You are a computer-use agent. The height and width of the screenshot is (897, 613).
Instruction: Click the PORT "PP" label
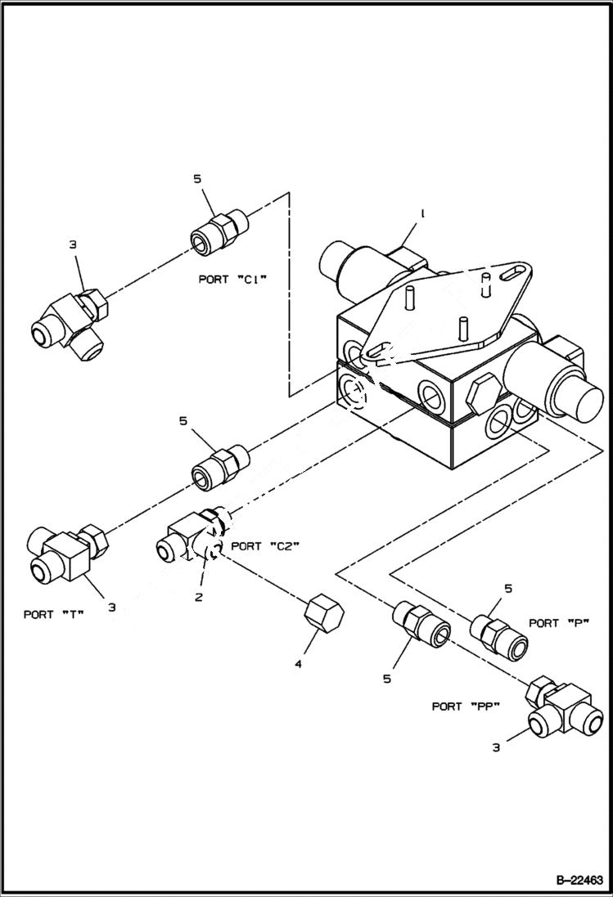466,706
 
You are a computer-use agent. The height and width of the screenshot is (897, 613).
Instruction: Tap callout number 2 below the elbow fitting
198,597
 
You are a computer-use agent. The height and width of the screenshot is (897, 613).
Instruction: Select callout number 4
299,664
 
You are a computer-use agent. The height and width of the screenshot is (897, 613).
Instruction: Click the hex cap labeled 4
323,613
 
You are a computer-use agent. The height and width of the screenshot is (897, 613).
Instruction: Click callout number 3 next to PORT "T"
112,607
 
